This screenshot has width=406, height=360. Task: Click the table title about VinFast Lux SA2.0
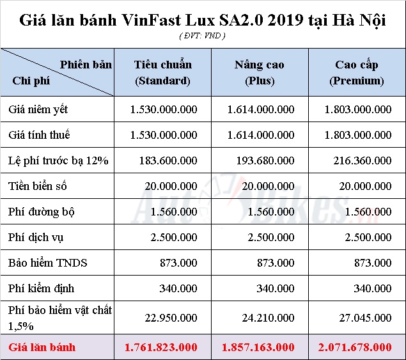[x=203, y=20]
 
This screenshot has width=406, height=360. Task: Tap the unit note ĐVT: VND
[x=202, y=36]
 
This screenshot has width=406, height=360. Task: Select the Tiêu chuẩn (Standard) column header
[x=163, y=73]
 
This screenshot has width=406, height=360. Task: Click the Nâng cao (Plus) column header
[x=259, y=73]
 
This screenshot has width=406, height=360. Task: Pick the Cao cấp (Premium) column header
[x=357, y=73]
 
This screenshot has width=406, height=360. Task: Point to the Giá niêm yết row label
[x=38, y=109]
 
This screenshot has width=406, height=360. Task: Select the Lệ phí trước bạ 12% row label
[x=59, y=160]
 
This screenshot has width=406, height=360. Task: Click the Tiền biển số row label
[x=38, y=186]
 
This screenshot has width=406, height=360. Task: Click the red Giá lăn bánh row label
[x=42, y=347]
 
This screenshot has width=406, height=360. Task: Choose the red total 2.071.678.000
[x=355, y=347]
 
